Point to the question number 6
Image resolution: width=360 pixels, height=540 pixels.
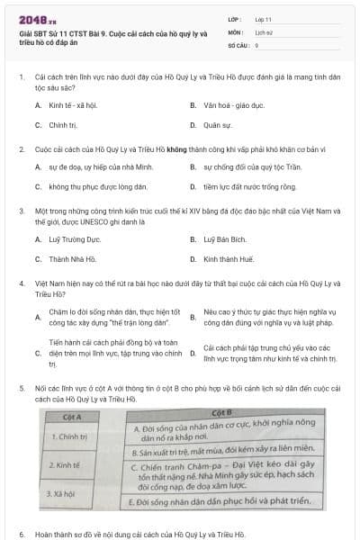point(21,533)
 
